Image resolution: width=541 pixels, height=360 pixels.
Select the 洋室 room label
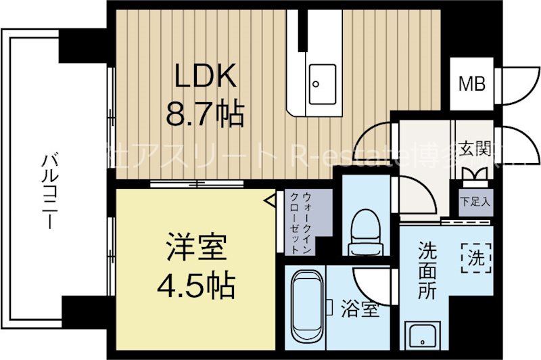[195, 250]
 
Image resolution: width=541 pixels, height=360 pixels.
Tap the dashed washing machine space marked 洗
[473, 256]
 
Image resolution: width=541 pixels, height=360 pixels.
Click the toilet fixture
[366, 230]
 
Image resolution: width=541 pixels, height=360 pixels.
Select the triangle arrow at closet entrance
[270, 200]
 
